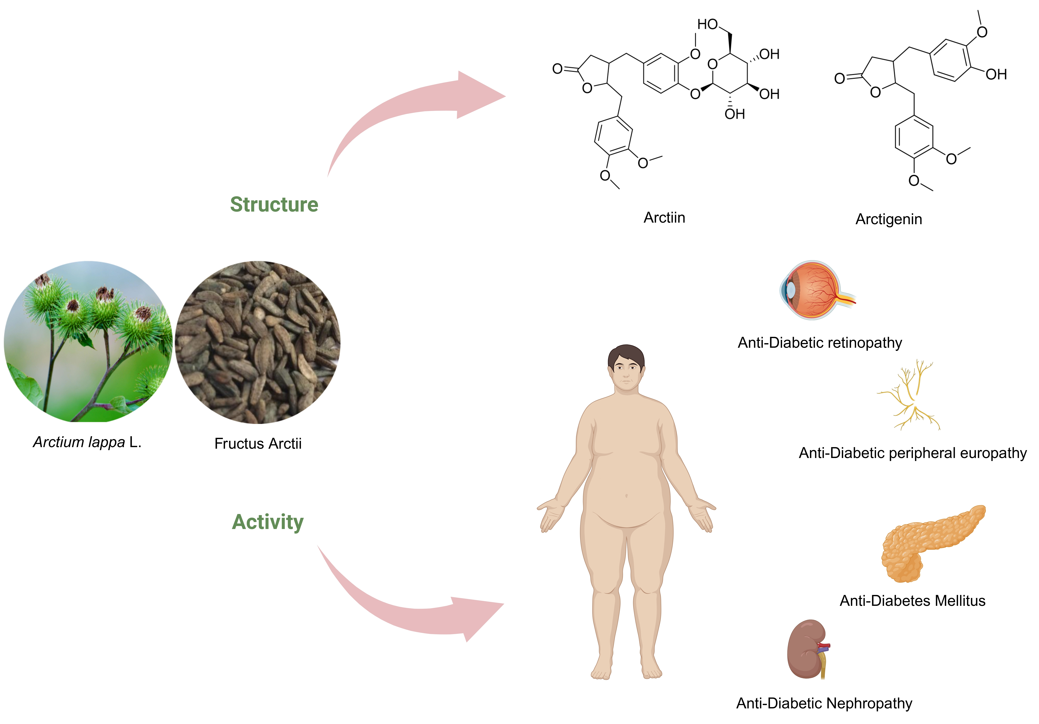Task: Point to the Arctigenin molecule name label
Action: (888, 219)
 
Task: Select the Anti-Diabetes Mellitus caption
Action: (912, 600)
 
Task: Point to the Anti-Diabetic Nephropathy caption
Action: (824, 703)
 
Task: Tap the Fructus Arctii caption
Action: (258, 444)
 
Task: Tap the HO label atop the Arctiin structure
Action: (707, 24)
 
